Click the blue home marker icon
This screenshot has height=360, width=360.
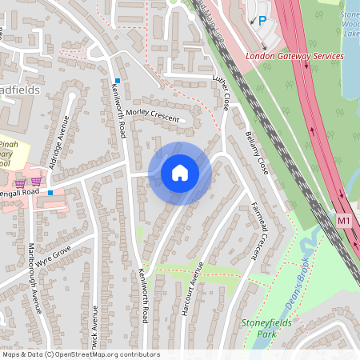click(x=180, y=173)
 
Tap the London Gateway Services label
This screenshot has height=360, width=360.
click(x=294, y=57)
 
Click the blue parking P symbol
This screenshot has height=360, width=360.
click(x=262, y=21)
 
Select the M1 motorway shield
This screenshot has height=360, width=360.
click(x=344, y=219)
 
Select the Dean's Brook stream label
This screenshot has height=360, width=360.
click(x=297, y=284)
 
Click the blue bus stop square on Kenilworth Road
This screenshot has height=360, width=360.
click(x=117, y=81)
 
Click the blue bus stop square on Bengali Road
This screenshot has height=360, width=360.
click(x=50, y=193)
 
